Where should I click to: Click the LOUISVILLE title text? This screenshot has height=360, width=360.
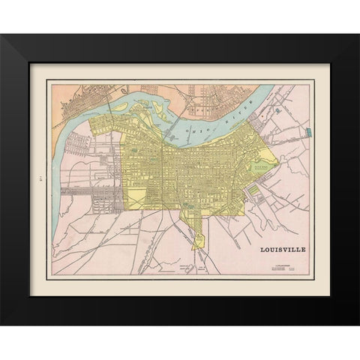tap(282, 249)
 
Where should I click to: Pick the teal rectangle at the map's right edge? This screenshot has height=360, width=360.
tap(307, 133)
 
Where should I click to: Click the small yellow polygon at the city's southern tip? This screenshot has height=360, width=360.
tap(199, 241)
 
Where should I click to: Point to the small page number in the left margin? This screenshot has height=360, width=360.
tap(36, 178)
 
